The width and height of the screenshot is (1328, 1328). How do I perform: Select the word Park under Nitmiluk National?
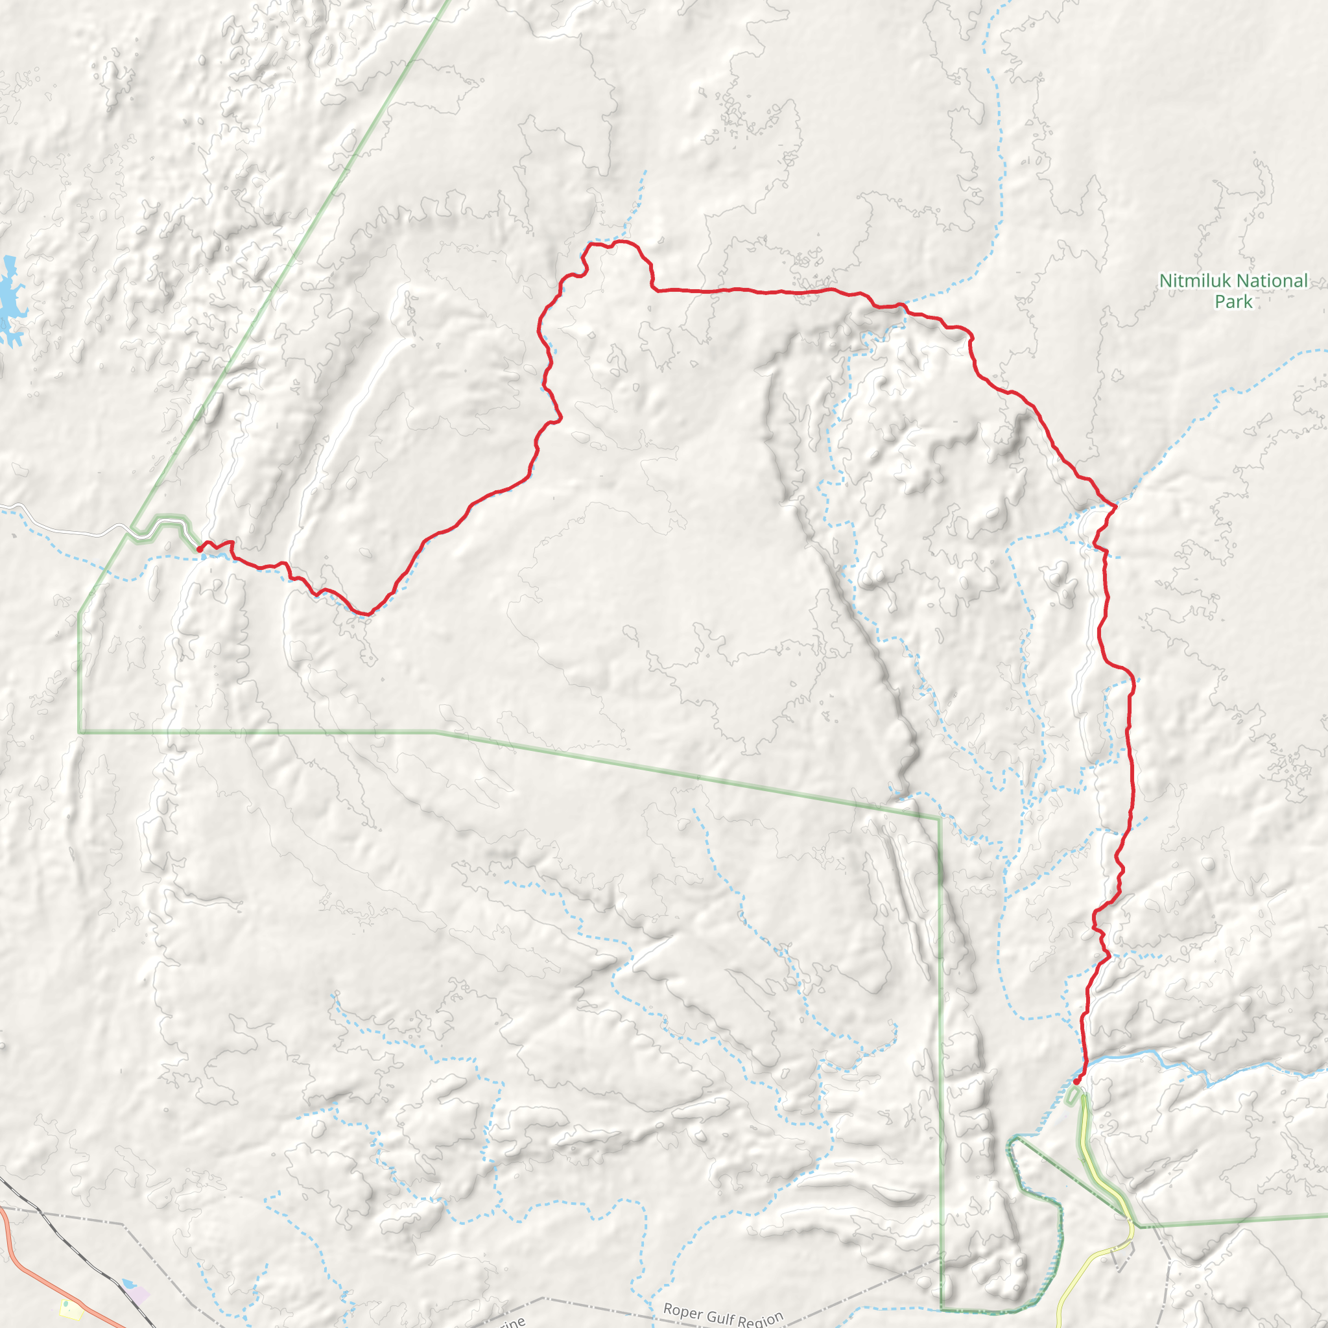[x=1233, y=302]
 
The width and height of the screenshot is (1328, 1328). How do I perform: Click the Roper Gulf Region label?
[x=722, y=1314]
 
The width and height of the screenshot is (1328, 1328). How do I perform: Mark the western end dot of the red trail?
[x=199, y=549]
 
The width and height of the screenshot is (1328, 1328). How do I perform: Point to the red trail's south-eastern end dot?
[x=1076, y=1082]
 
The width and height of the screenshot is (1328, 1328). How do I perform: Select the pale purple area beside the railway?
[x=139, y=1294]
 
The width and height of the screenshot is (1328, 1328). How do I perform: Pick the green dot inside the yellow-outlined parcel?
[x=66, y=1304]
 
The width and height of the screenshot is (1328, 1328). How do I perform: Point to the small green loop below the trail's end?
[x=1073, y=1097]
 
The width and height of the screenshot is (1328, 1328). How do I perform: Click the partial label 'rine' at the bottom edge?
[x=512, y=1321]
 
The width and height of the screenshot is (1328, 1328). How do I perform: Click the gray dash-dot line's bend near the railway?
[x=124, y=1224]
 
